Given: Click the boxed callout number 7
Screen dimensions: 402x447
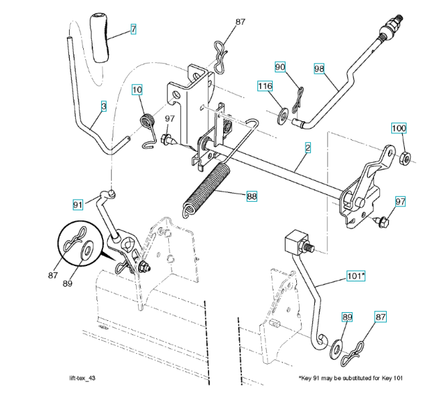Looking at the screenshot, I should (x=133, y=29).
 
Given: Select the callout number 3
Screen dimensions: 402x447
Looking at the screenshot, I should (x=104, y=106).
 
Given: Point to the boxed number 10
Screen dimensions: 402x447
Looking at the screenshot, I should (x=137, y=89).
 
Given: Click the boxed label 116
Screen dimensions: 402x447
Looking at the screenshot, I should (x=265, y=86).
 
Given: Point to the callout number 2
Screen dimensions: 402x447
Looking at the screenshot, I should (x=307, y=146).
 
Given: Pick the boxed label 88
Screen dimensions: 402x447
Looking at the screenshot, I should (x=251, y=196).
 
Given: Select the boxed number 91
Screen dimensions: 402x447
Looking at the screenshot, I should (x=78, y=204).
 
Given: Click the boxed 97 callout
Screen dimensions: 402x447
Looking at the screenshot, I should (x=400, y=201).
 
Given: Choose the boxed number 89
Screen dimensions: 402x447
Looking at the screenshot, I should (x=347, y=318).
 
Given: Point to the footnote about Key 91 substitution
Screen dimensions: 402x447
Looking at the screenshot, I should (x=350, y=379).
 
